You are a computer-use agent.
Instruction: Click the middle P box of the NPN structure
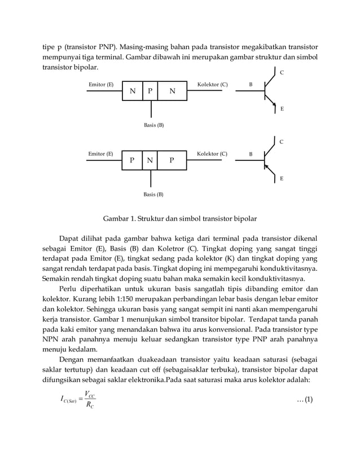click(150, 91)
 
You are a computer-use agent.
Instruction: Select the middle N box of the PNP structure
click(150, 160)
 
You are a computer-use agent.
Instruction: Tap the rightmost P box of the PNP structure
click(172, 160)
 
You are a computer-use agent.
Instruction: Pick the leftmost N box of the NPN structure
click(132, 91)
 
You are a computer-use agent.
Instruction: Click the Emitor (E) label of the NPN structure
click(101, 85)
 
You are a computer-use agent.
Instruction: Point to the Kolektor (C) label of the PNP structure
click(212, 153)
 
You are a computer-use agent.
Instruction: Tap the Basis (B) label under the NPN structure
click(153, 125)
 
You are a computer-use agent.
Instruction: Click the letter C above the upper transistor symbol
click(282, 73)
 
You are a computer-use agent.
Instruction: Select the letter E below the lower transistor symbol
click(282, 178)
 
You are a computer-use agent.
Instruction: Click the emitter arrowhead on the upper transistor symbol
click(273, 105)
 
